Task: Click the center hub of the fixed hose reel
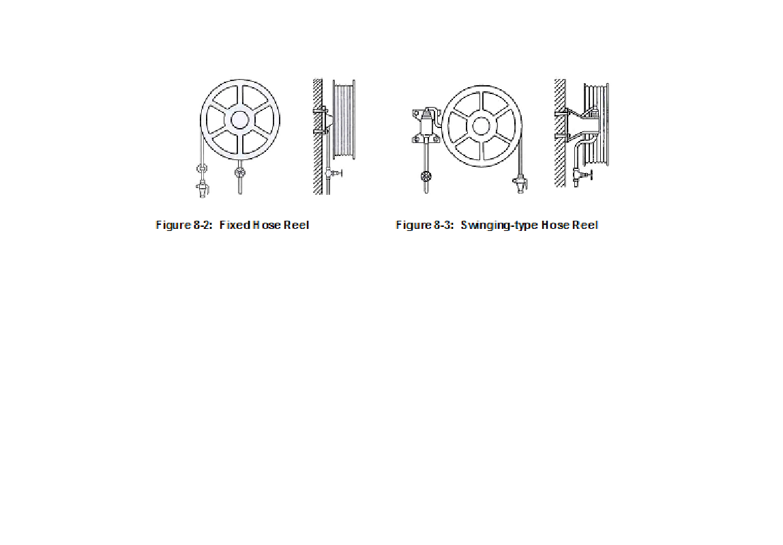(239, 119)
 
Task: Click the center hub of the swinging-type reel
(481, 125)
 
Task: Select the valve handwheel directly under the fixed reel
(239, 173)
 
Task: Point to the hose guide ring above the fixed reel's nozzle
(202, 168)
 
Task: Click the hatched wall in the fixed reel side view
(317, 136)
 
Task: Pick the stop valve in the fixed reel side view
(334, 174)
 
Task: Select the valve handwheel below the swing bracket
(427, 177)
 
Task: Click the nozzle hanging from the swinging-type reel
(520, 183)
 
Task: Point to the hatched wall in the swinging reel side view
(559, 133)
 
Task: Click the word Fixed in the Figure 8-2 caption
(234, 225)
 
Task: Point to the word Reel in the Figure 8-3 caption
(585, 225)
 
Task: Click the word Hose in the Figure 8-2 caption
(267, 225)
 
